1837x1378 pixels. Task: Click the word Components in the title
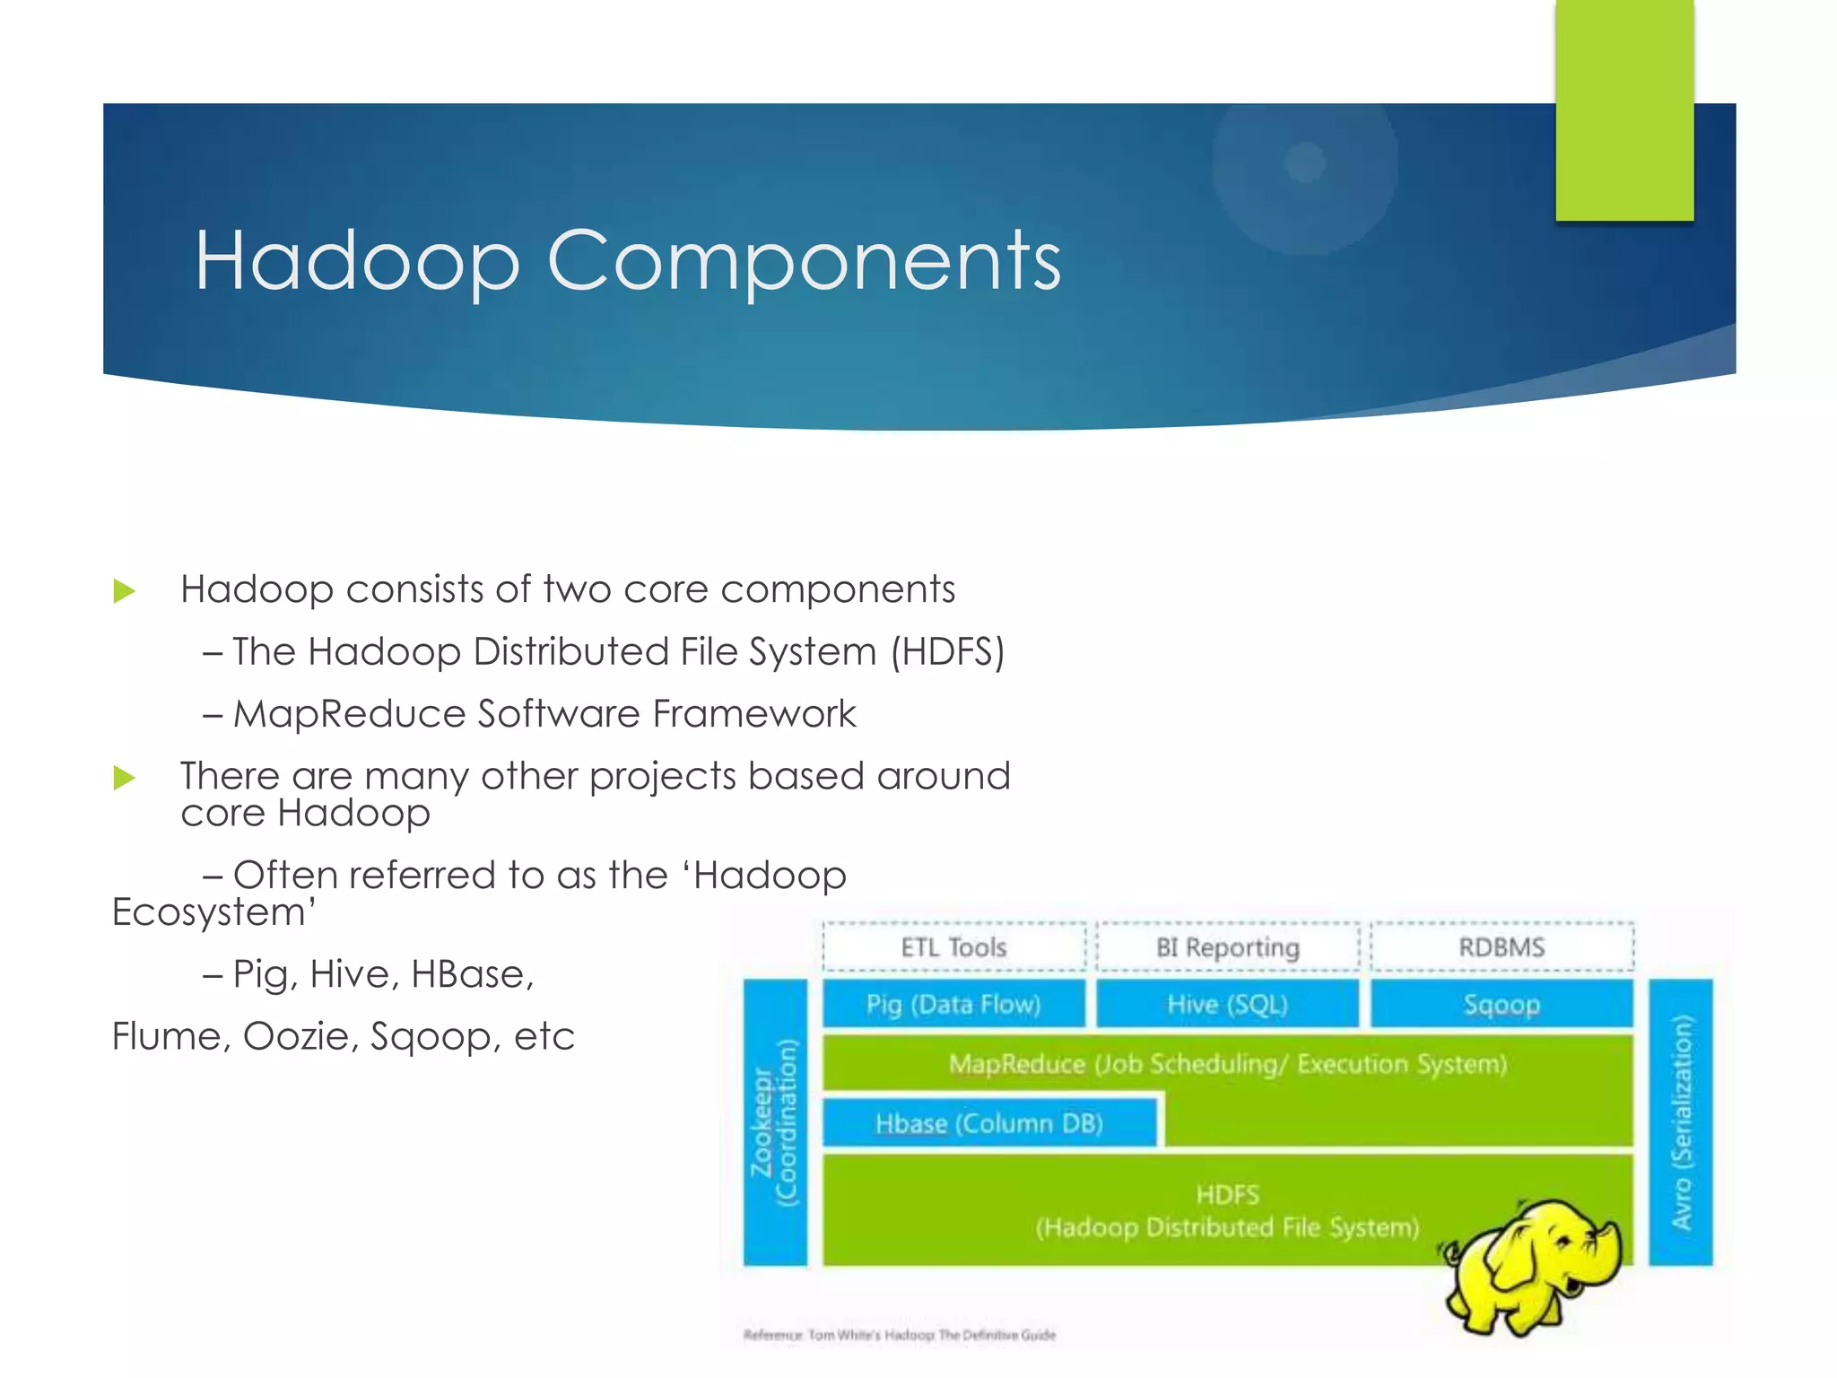(804, 260)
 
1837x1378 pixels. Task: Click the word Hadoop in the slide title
(357, 260)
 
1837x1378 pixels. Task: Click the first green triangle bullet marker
(125, 591)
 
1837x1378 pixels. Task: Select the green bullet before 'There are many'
(125, 778)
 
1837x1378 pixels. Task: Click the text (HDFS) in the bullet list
(947, 651)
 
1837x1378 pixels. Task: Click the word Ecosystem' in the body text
(213, 912)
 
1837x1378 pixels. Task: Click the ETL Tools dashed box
(953, 947)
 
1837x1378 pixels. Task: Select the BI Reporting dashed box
(1227, 947)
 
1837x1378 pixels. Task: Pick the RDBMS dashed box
(1502, 947)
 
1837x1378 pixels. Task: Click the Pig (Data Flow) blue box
(953, 1004)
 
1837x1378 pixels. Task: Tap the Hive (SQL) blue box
(1227, 1004)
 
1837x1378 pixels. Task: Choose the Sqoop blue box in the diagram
(1502, 1004)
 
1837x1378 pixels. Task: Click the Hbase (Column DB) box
(989, 1123)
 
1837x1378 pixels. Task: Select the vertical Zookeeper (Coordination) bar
(775, 1122)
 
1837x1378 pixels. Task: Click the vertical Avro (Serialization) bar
(1681, 1122)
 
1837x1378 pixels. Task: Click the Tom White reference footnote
(900, 1335)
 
